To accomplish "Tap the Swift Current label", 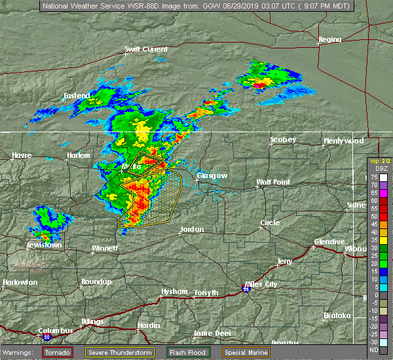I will click(x=146, y=49).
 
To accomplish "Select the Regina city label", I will click(x=330, y=40).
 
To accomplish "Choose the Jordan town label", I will click(x=192, y=230).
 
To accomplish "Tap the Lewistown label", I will click(x=44, y=245).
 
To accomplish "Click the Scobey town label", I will click(x=284, y=139).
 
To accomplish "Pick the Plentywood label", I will click(x=343, y=141).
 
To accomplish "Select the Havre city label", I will click(x=22, y=155).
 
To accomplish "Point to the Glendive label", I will click(x=329, y=242).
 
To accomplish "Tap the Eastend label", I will click(x=77, y=96).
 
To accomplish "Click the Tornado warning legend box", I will click(x=58, y=352).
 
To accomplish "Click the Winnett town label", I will click(x=104, y=249).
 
